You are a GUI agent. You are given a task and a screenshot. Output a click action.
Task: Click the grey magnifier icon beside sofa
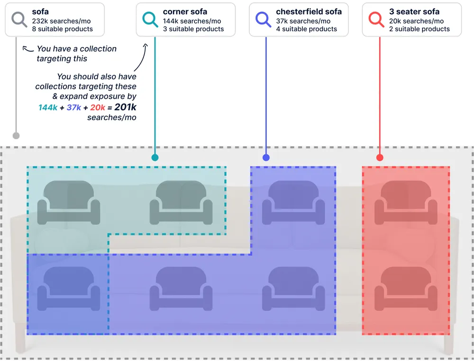(19, 19)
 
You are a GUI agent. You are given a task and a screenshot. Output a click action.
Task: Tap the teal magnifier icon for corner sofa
(150, 19)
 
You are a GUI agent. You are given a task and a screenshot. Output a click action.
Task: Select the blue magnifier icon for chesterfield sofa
(263, 19)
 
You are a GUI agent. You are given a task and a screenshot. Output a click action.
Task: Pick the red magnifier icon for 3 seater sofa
(376, 19)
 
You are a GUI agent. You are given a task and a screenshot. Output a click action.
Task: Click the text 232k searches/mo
(61, 21)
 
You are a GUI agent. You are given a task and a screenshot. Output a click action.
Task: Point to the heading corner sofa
(185, 12)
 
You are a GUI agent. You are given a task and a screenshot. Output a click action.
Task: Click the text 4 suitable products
(306, 29)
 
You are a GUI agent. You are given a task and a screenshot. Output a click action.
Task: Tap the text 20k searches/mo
(417, 21)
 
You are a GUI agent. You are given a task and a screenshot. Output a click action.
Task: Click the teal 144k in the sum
(48, 108)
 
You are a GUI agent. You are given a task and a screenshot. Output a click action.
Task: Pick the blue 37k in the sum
(74, 108)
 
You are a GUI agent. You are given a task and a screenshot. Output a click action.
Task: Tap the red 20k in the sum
(98, 108)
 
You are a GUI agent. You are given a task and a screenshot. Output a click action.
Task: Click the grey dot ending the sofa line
(16, 136)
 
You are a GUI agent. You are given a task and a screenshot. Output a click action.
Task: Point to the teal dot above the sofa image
(155, 158)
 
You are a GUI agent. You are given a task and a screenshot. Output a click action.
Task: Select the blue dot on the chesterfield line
(266, 158)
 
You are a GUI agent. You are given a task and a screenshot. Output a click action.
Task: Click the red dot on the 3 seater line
(380, 158)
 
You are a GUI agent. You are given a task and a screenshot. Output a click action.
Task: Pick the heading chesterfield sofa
(309, 12)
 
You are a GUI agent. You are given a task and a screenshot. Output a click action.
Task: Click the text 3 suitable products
(193, 29)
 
